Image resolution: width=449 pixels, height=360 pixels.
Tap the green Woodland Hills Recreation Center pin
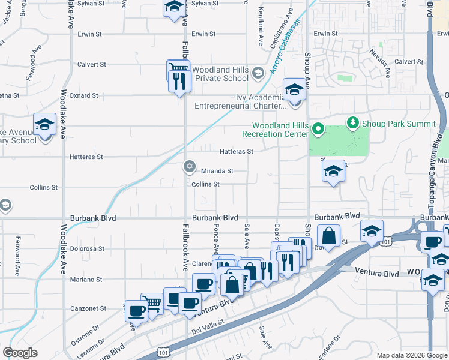pos(319,129)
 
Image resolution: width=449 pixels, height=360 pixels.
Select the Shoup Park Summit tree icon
pos(352,123)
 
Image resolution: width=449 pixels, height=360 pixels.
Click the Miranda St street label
pos(217,171)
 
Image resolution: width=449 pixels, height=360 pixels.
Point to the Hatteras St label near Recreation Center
pos(237,152)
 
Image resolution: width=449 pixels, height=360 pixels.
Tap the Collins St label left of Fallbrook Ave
pos(44,187)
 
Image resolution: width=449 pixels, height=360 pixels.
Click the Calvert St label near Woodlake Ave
pos(92,64)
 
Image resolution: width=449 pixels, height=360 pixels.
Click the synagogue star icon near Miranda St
pos(189,166)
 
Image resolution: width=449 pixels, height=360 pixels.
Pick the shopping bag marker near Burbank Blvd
pos(328,235)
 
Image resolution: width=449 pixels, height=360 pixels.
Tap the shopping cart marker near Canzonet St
pos(152,303)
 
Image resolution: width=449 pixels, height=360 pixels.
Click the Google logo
pos(20,353)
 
